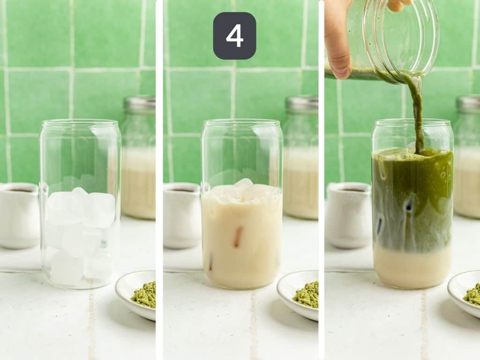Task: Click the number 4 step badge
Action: point(234,36)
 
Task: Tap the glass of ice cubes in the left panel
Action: point(80,206)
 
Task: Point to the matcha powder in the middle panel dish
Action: point(307,295)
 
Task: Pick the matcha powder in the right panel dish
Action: point(472,294)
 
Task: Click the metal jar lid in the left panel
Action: point(140,104)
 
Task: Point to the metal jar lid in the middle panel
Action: point(302,104)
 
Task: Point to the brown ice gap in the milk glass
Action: point(238,236)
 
